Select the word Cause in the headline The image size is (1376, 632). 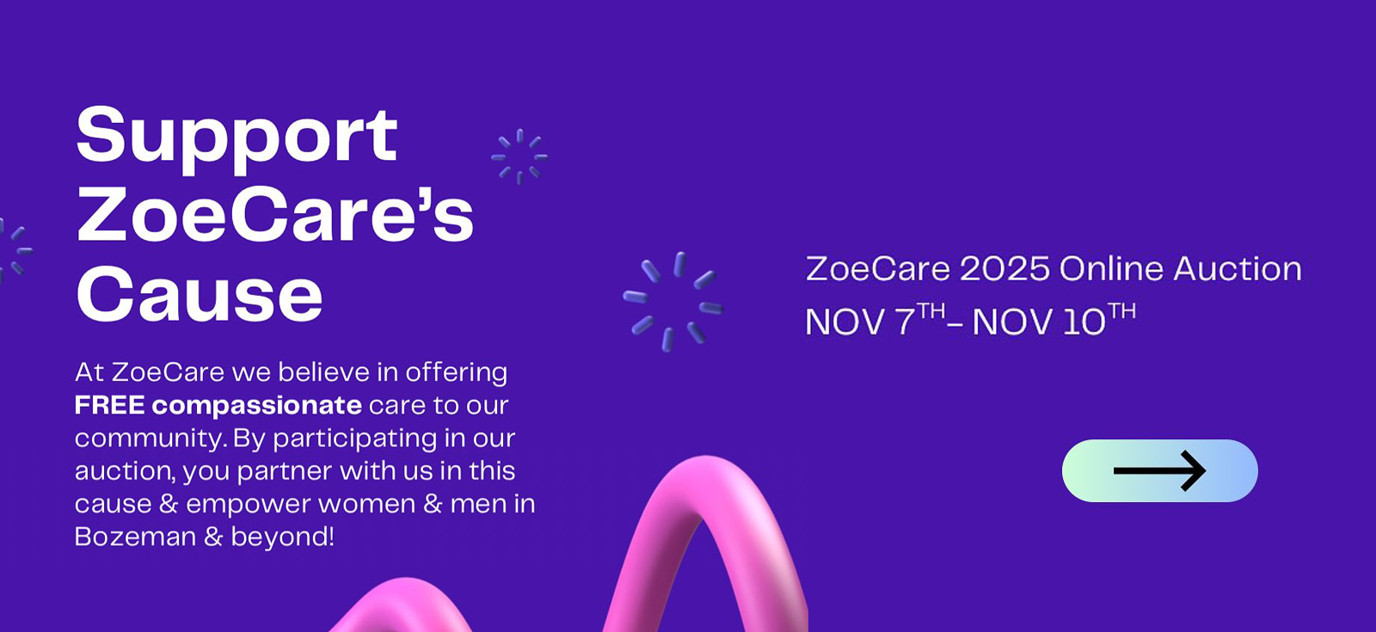point(199,294)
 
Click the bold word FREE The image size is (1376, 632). point(109,405)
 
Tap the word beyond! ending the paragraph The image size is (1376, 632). point(283,537)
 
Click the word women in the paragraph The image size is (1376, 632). point(366,504)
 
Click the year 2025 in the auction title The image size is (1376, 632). point(1005,269)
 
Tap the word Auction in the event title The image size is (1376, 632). point(1238,269)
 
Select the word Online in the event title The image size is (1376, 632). point(1111,269)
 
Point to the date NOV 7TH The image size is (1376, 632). point(875,319)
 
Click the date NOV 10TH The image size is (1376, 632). point(1054,319)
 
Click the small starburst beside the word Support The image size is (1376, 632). point(519,156)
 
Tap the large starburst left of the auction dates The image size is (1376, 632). point(673,301)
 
